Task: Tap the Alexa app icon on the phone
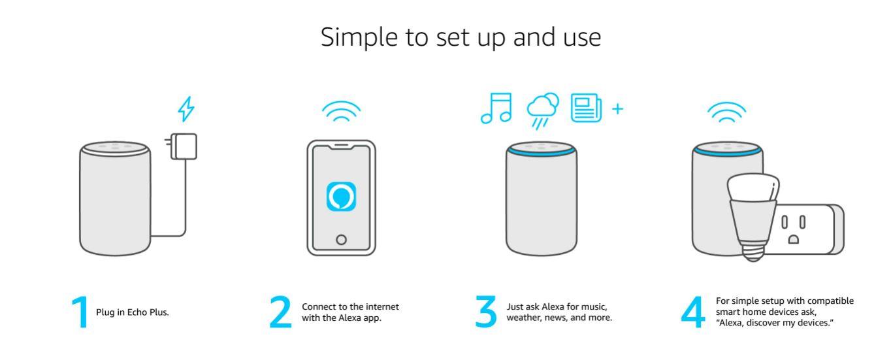(x=341, y=197)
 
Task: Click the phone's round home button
(x=341, y=238)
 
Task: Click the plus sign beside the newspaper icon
(x=617, y=108)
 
